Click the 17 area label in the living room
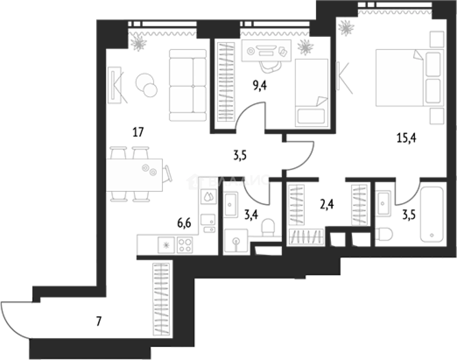(138, 132)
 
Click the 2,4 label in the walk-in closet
(325, 203)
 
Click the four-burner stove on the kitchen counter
(184, 244)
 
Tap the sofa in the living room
(188, 85)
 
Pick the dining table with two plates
(135, 175)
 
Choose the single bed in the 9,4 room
(310, 93)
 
